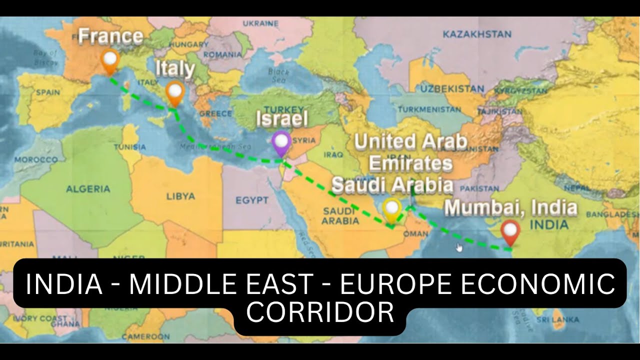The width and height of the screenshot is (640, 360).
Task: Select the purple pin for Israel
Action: tap(281, 142)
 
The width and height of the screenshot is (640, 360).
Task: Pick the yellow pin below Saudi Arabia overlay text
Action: tap(392, 209)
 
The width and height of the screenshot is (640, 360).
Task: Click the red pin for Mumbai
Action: tap(510, 231)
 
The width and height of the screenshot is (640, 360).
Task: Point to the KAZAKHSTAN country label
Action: tap(477, 34)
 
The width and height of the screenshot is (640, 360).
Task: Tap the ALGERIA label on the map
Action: tap(88, 189)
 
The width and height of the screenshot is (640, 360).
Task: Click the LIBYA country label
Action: tap(180, 196)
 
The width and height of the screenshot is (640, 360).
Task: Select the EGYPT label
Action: tap(252, 200)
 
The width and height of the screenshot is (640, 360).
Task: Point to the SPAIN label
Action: tap(48, 92)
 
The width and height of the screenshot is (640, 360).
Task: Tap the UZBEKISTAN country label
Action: tap(452, 88)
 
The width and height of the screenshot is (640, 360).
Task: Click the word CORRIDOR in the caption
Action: tap(320, 313)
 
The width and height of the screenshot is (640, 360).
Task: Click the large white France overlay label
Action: tap(110, 36)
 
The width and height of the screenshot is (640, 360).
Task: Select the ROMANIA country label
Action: tap(222, 54)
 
